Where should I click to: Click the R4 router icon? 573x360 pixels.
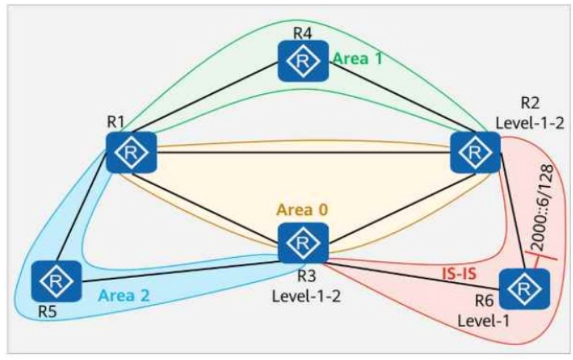coord(303,60)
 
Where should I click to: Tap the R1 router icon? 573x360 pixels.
coord(131,152)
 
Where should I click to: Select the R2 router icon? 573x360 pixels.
coord(475,152)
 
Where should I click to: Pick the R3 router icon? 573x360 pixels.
coord(303,243)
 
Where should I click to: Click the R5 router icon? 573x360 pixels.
coord(56,282)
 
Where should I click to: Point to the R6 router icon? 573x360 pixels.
coord(524,289)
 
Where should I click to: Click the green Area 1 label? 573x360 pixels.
coord(358,58)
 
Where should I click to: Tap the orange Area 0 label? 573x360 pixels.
coord(303,210)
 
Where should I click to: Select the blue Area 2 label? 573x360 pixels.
coord(124,295)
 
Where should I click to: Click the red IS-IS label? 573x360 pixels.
coord(459,273)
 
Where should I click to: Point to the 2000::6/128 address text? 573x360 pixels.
coord(542,207)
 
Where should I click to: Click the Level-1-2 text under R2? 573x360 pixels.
coord(530,123)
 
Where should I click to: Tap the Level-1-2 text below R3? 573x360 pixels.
coord(306,296)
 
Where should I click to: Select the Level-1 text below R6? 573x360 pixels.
coord(483,321)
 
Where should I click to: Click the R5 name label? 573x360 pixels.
coord(48,312)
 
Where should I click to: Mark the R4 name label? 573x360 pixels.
coord(303,34)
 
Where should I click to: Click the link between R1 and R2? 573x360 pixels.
coord(303,152)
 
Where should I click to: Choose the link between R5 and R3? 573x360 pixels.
coord(179,272)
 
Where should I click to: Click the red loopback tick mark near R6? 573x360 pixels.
coord(540,257)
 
